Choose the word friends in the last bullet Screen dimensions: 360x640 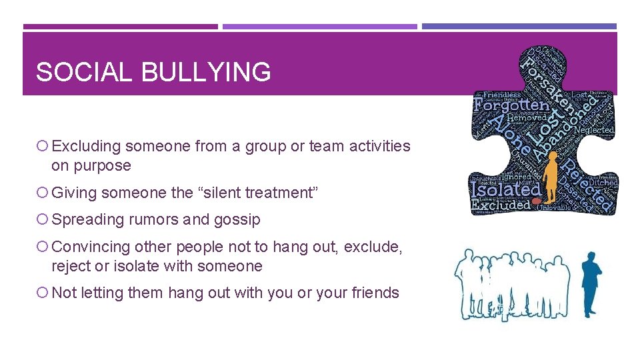(375, 293)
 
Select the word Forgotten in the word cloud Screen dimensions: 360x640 (511, 105)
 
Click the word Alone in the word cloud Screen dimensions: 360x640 (513, 133)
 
